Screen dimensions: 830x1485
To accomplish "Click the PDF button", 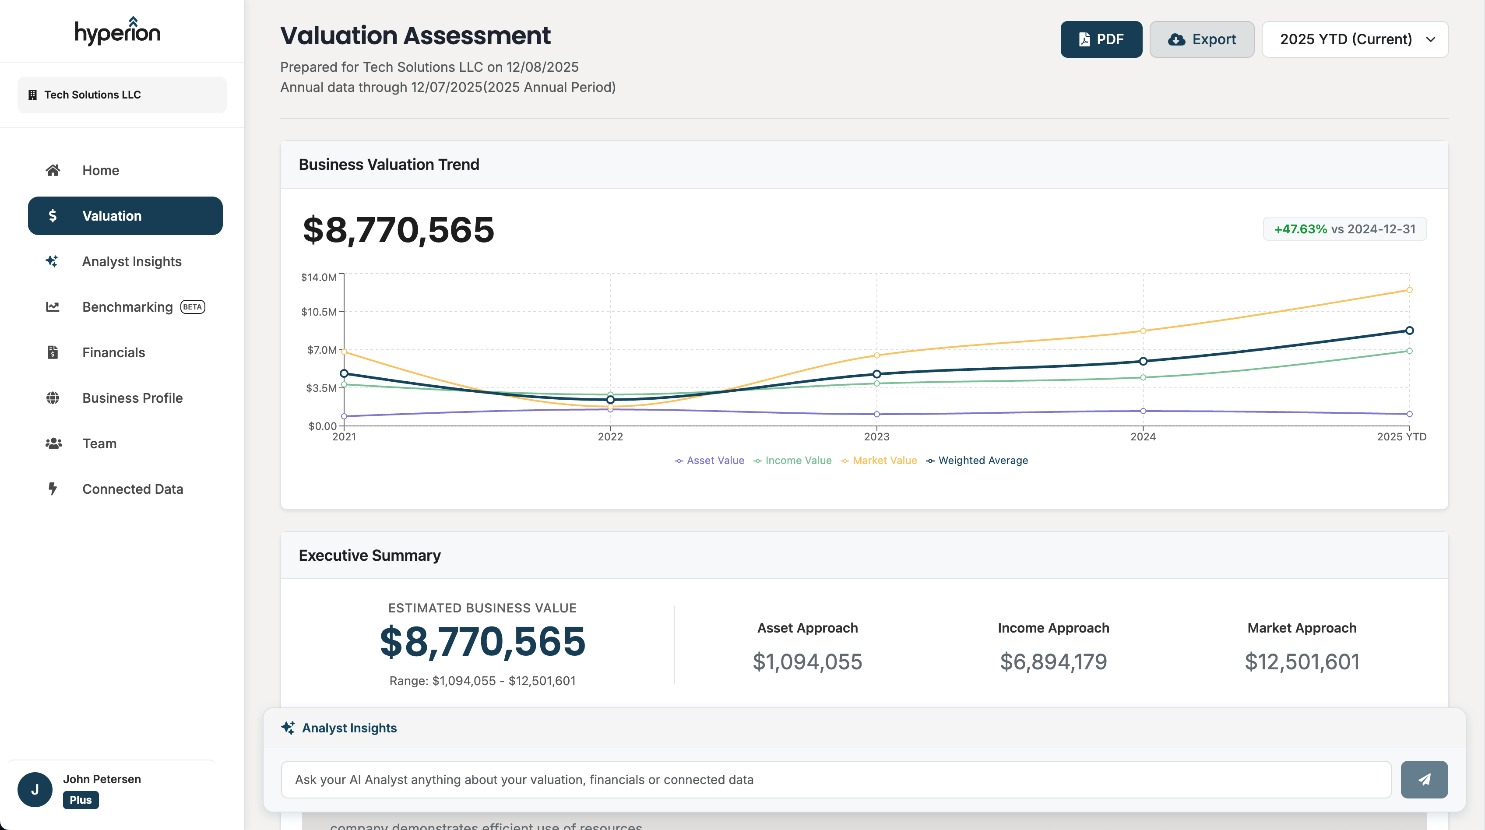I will [1101, 39].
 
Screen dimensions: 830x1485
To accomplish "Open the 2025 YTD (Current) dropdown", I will [1355, 39].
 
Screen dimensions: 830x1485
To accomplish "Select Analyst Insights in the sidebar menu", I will [131, 261].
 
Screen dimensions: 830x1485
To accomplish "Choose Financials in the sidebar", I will [113, 352].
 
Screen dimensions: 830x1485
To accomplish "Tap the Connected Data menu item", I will [133, 489].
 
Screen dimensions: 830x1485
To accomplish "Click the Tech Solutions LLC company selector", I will [122, 95].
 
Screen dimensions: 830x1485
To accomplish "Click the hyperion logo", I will [118, 31].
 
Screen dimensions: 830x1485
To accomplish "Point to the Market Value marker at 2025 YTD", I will [1409, 290].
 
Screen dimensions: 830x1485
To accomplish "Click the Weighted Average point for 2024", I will [1143, 362].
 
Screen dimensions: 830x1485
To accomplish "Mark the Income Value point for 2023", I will [876, 383].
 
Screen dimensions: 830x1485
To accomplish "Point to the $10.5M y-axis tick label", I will [318, 312].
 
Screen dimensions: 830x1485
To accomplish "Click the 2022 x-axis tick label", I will [610, 437].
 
